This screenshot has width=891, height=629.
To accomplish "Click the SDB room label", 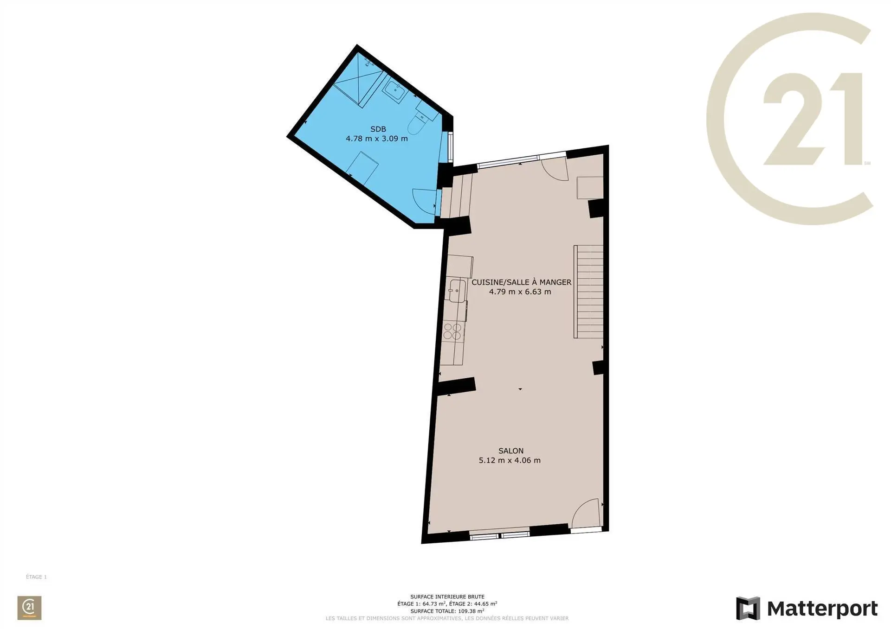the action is (x=378, y=129).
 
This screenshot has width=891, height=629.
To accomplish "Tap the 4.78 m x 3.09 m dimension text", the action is (x=377, y=138).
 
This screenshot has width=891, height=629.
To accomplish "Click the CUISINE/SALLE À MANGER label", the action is (x=521, y=282).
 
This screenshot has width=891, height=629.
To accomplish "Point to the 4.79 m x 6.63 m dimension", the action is (x=520, y=292).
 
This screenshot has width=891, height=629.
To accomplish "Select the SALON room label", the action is (x=511, y=451).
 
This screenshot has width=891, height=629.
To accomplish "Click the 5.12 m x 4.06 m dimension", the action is (x=510, y=460).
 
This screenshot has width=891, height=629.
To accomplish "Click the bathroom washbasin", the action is (x=395, y=90).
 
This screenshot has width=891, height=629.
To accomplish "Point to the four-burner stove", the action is (x=452, y=331).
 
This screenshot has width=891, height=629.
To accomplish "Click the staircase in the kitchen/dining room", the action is (x=588, y=291).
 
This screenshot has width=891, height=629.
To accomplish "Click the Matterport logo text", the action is (x=822, y=609).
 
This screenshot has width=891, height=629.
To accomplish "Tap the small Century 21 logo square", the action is (x=29, y=608).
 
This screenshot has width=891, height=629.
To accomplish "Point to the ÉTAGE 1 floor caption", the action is (x=36, y=577).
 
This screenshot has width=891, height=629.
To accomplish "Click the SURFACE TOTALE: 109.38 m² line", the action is (x=447, y=611).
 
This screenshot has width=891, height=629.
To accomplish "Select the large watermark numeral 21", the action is (x=813, y=119).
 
